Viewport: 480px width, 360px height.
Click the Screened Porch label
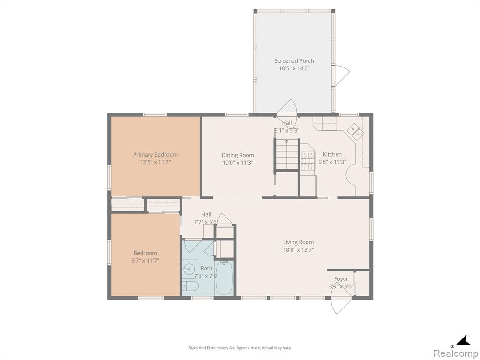pos(294,61)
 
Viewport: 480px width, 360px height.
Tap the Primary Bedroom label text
pos(155,155)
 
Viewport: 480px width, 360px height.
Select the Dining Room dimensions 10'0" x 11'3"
pos(238,163)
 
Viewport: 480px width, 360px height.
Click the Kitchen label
pos(332,154)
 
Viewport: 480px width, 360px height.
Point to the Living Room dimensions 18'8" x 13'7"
pos(298,250)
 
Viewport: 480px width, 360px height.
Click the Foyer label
pos(341,279)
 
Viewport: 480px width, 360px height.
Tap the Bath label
pos(206,268)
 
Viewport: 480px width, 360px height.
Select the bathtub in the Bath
pos(225,277)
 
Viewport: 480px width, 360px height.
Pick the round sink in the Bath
pos(189,270)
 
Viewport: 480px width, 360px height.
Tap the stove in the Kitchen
pos(307,161)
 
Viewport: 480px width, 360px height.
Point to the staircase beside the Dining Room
pos(287,154)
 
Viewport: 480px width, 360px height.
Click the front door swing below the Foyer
pos(342,305)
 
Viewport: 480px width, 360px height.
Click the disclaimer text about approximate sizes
pos(240,348)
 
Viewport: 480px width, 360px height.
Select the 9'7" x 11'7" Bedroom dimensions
pos(145,261)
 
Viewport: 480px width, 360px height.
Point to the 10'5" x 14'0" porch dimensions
pos(294,68)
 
